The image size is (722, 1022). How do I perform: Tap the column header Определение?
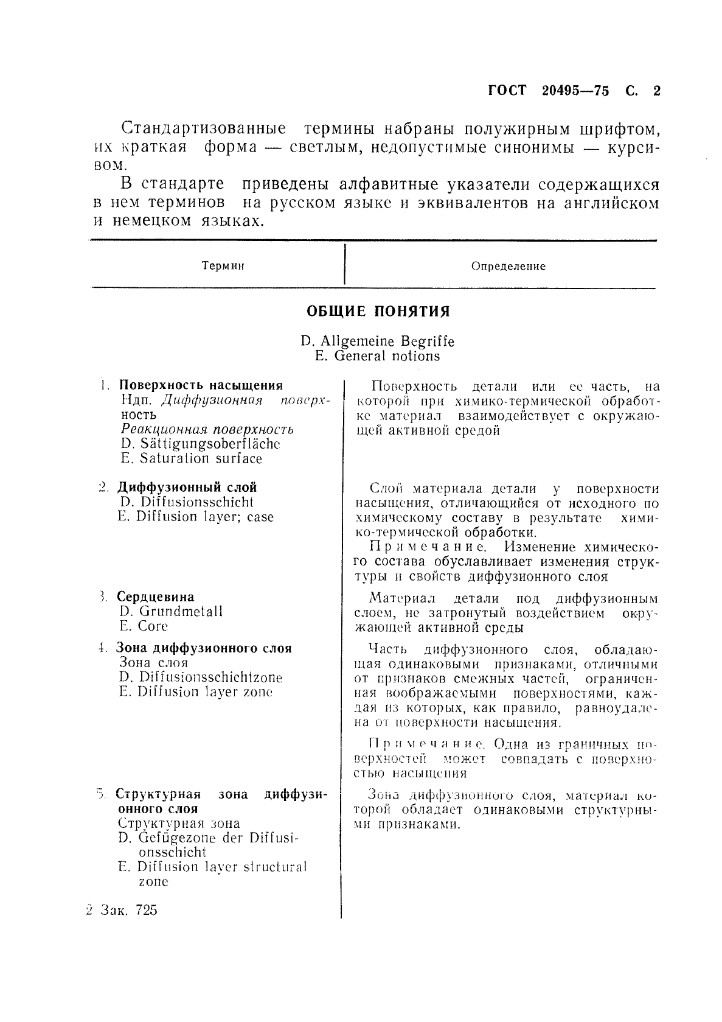click(x=509, y=266)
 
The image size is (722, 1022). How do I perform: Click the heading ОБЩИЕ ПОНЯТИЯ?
click(x=377, y=312)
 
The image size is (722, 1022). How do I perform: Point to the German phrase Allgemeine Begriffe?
click(x=387, y=341)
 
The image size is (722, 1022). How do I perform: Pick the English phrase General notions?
click(x=387, y=356)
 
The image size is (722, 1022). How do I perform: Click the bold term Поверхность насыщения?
click(x=201, y=385)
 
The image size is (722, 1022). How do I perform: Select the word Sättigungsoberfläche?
click(x=210, y=444)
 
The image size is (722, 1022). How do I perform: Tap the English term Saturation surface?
click(x=201, y=458)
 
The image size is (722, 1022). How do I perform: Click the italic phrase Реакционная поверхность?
click(x=207, y=429)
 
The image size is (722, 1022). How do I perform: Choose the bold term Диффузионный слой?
click(x=187, y=488)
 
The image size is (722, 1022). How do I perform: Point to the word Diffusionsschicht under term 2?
click(x=196, y=502)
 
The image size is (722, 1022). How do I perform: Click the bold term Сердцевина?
click(x=156, y=597)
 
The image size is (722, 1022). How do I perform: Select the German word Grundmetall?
click(x=180, y=611)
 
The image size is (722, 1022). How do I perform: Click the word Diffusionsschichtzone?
click(x=210, y=677)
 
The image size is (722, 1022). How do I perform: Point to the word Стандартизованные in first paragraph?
click(x=204, y=129)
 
